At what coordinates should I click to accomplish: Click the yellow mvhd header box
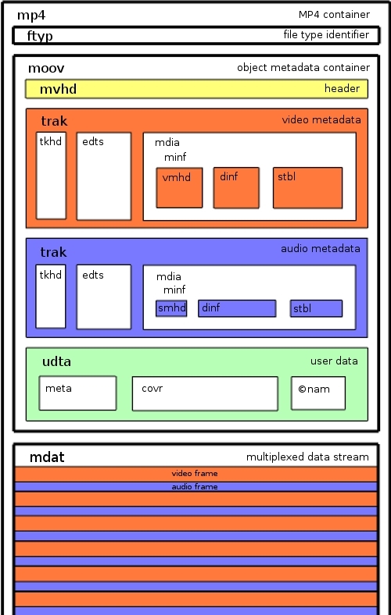[196, 89]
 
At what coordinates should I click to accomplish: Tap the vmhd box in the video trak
[179, 188]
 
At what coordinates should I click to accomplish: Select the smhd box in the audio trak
[171, 308]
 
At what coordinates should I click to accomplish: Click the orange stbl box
[307, 188]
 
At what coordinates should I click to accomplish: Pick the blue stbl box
[317, 308]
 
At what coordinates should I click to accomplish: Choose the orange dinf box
[236, 188]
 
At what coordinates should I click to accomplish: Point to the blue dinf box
[237, 308]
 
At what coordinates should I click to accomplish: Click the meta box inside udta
[77, 393]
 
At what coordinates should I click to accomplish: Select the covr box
[205, 394]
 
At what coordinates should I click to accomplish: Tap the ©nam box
[318, 393]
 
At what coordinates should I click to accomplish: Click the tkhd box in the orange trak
[51, 176]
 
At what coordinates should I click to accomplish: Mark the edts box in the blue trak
[104, 297]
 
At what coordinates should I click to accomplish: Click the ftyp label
[40, 36]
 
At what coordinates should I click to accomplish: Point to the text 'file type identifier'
[326, 34]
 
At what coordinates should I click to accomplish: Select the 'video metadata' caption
[321, 119]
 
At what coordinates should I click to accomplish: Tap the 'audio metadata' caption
[321, 249]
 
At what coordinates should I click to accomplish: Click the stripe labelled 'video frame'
[196, 474]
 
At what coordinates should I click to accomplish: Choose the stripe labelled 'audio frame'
[196, 487]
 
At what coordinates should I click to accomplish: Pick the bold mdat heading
[47, 457]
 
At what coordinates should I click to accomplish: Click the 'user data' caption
[334, 361]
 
